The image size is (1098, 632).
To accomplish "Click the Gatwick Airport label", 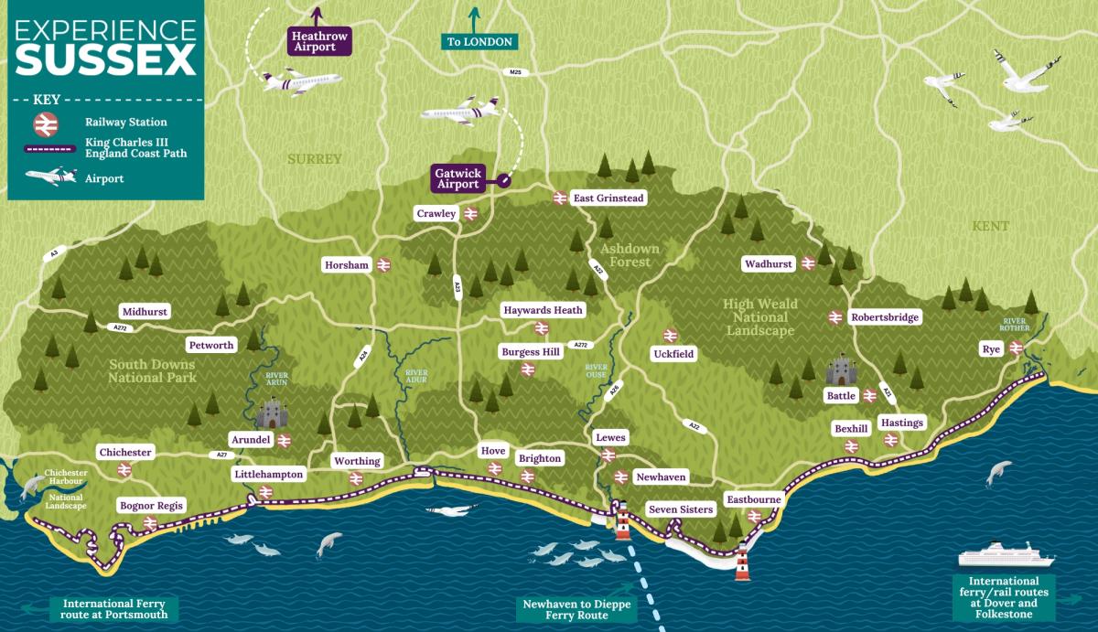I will tap(457, 178).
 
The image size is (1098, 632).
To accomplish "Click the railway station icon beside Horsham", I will tap(383, 265).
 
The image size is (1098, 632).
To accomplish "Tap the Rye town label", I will tap(991, 348).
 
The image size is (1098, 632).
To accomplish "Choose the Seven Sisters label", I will tap(680, 509).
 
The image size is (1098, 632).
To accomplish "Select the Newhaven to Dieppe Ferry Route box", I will tap(565, 609).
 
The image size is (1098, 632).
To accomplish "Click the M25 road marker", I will tap(514, 71).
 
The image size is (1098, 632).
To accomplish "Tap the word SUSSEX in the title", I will tap(105, 60).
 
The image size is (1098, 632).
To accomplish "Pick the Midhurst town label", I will tap(144, 312).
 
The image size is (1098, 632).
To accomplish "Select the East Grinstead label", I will tap(608, 198).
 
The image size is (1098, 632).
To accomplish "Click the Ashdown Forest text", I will tap(625, 255).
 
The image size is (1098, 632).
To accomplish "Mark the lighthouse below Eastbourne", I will tap(742, 562).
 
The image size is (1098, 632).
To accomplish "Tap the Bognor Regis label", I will tap(152, 506).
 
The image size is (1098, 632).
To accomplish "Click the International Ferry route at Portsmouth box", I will tap(114, 609).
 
